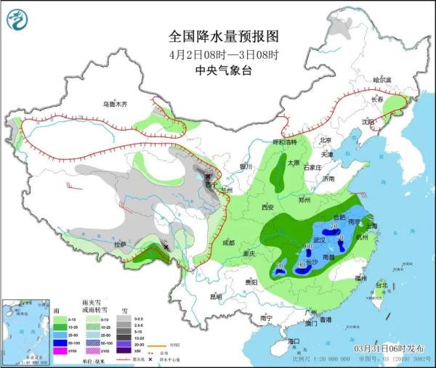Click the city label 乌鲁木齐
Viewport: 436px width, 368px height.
[x=115, y=105]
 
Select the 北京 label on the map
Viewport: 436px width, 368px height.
[x=325, y=140]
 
